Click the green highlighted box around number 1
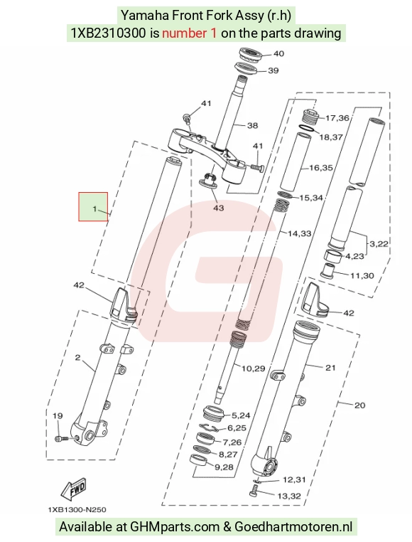[93, 207]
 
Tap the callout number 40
[278, 53]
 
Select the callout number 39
[273, 70]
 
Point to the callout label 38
[252, 125]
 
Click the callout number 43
[218, 208]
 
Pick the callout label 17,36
[337, 118]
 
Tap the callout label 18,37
[331, 137]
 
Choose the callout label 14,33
[300, 234]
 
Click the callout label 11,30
[362, 275]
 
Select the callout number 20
[359, 405]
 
